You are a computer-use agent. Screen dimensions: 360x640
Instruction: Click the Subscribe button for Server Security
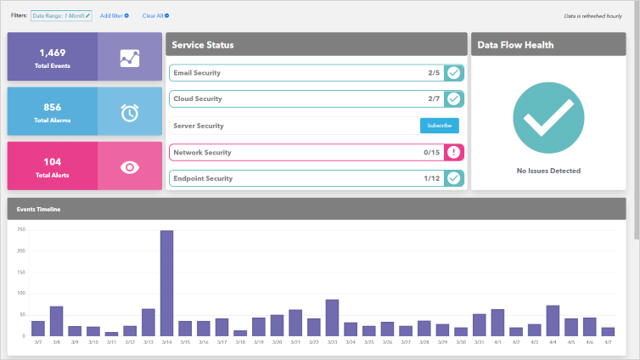[439, 126]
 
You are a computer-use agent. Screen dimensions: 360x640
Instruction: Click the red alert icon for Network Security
[454, 153]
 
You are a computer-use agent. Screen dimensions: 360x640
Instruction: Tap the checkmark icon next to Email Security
[454, 73]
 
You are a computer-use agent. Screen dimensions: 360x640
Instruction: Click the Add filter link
[114, 15]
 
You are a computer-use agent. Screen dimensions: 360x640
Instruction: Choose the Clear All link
[155, 15]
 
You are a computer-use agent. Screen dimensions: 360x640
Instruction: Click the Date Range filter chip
[61, 15]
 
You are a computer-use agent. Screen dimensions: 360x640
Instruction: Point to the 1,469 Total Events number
[53, 53]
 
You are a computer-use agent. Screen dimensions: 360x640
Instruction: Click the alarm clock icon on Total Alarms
[129, 112]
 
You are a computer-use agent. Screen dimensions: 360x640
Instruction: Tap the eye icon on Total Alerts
[129, 166]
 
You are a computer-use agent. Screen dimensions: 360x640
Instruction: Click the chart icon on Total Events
[129, 58]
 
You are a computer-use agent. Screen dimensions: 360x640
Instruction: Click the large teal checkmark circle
[548, 119]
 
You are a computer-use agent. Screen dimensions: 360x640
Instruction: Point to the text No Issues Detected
[548, 171]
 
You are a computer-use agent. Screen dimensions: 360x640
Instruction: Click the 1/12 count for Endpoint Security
[432, 179]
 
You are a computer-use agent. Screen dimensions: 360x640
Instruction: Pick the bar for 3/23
[332, 318]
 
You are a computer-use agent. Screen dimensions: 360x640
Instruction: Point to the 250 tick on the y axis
[20, 230]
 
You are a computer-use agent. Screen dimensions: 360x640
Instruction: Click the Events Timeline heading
[39, 209]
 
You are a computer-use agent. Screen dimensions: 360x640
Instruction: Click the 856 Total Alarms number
[53, 107]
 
